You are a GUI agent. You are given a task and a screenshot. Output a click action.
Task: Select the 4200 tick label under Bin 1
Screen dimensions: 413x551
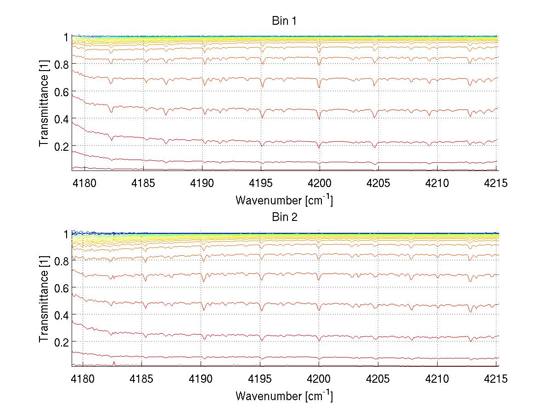[x=319, y=184]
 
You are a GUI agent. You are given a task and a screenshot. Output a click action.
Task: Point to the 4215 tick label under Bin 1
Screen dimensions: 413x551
[x=495, y=184]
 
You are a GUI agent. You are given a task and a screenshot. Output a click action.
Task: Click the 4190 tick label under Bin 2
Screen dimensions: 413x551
[x=201, y=380]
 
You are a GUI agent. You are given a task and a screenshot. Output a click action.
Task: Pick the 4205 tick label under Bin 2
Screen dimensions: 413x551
[x=378, y=380]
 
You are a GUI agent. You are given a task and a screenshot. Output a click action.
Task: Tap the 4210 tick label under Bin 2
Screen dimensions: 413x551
[x=437, y=380]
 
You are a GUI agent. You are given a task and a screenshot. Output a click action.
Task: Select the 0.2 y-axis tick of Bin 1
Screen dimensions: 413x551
[x=61, y=146]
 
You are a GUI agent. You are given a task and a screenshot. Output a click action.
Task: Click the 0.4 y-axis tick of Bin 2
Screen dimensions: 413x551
[x=61, y=315]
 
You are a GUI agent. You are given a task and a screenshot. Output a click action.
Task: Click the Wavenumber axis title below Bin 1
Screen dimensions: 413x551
[x=284, y=200]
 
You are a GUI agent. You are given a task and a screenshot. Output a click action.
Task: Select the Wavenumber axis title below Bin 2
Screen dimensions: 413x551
[x=284, y=396]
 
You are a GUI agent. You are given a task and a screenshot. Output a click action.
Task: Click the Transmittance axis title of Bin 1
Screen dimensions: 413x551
[x=44, y=104]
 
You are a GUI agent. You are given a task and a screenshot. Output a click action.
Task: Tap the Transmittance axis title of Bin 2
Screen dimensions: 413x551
[x=44, y=300]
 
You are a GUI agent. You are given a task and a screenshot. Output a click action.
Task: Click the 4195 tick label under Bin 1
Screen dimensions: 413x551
[x=260, y=184]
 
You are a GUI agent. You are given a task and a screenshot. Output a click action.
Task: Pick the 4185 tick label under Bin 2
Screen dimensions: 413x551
[x=142, y=380]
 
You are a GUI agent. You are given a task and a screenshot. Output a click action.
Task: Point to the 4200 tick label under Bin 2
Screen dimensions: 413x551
[x=319, y=380]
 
